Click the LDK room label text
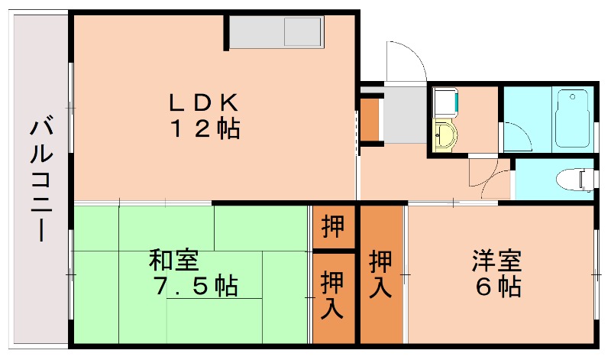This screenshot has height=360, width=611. pyautogui.click(x=204, y=101)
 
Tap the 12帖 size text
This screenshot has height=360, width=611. pyautogui.click(x=204, y=128)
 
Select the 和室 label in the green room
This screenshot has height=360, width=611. pyautogui.click(x=173, y=261)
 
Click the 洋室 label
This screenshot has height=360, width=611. pyautogui.click(x=496, y=261)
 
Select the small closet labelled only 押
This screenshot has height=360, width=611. pyautogui.click(x=333, y=226)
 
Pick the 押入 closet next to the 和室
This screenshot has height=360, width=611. pyautogui.click(x=333, y=294)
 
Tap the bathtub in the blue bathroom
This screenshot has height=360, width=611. pyautogui.click(x=574, y=118)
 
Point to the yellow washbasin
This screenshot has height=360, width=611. pyautogui.click(x=445, y=137)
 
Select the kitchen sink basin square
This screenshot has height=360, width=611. pyautogui.click(x=302, y=32)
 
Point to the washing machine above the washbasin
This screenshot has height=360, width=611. pyautogui.click(x=445, y=104)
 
